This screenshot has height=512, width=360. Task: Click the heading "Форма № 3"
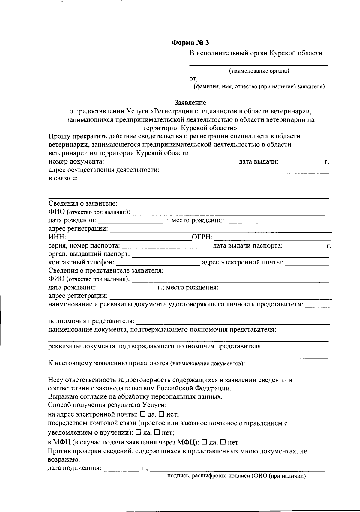(190, 43)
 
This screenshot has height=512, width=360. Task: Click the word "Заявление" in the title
(190, 103)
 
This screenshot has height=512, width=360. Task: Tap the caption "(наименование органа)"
(259, 71)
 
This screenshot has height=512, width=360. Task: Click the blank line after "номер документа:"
(171, 162)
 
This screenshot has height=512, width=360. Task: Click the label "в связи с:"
(63, 179)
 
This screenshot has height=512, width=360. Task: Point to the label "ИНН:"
(57, 238)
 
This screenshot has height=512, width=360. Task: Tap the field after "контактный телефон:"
(158, 263)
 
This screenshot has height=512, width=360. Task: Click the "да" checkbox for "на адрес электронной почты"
(143, 414)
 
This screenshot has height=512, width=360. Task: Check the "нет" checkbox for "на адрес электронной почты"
(161, 414)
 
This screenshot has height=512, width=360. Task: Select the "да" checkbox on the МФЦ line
(204, 442)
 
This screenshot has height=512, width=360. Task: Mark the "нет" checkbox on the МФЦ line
(223, 442)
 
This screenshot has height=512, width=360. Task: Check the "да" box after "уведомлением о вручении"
(138, 432)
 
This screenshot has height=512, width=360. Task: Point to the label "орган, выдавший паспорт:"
(89, 254)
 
